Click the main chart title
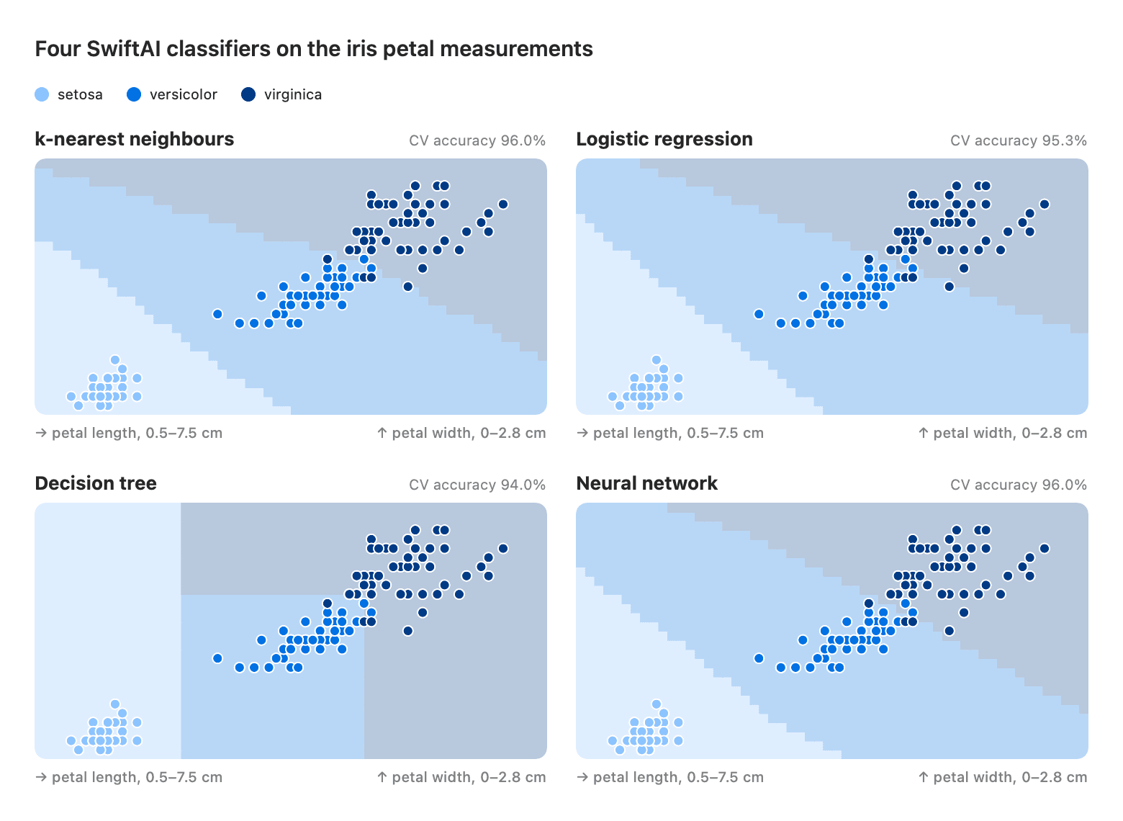click(x=314, y=49)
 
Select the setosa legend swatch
click(x=42, y=94)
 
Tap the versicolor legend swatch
click(x=134, y=94)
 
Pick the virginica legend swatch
click(x=248, y=94)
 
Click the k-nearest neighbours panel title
click(x=135, y=139)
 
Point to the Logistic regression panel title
click(x=664, y=139)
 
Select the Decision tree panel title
click(x=96, y=483)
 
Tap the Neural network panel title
click(x=646, y=483)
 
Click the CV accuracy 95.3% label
click(x=1018, y=140)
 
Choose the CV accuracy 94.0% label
click(x=477, y=485)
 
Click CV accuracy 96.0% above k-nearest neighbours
click(x=477, y=140)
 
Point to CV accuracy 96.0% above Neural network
click(x=1018, y=485)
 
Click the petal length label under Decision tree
click(x=129, y=777)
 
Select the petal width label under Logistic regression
click(x=1002, y=433)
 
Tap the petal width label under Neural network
click(x=1002, y=777)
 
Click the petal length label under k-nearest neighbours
click(x=129, y=433)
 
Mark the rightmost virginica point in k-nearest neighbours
click(x=503, y=204)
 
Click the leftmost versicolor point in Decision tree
click(x=217, y=658)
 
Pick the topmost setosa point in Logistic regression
click(x=657, y=359)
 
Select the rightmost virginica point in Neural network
click(x=1045, y=548)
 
